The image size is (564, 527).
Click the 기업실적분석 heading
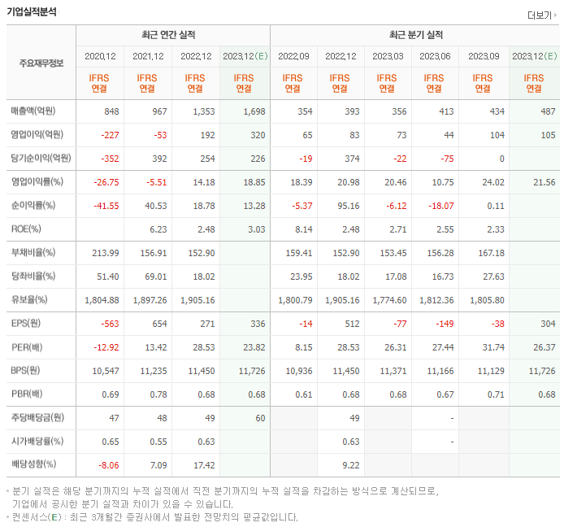click(x=33, y=12)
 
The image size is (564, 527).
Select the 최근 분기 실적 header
click(x=416, y=35)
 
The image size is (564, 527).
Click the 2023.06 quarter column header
click(x=435, y=56)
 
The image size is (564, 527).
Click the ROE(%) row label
click(x=26, y=229)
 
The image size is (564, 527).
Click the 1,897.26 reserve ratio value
click(x=147, y=300)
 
